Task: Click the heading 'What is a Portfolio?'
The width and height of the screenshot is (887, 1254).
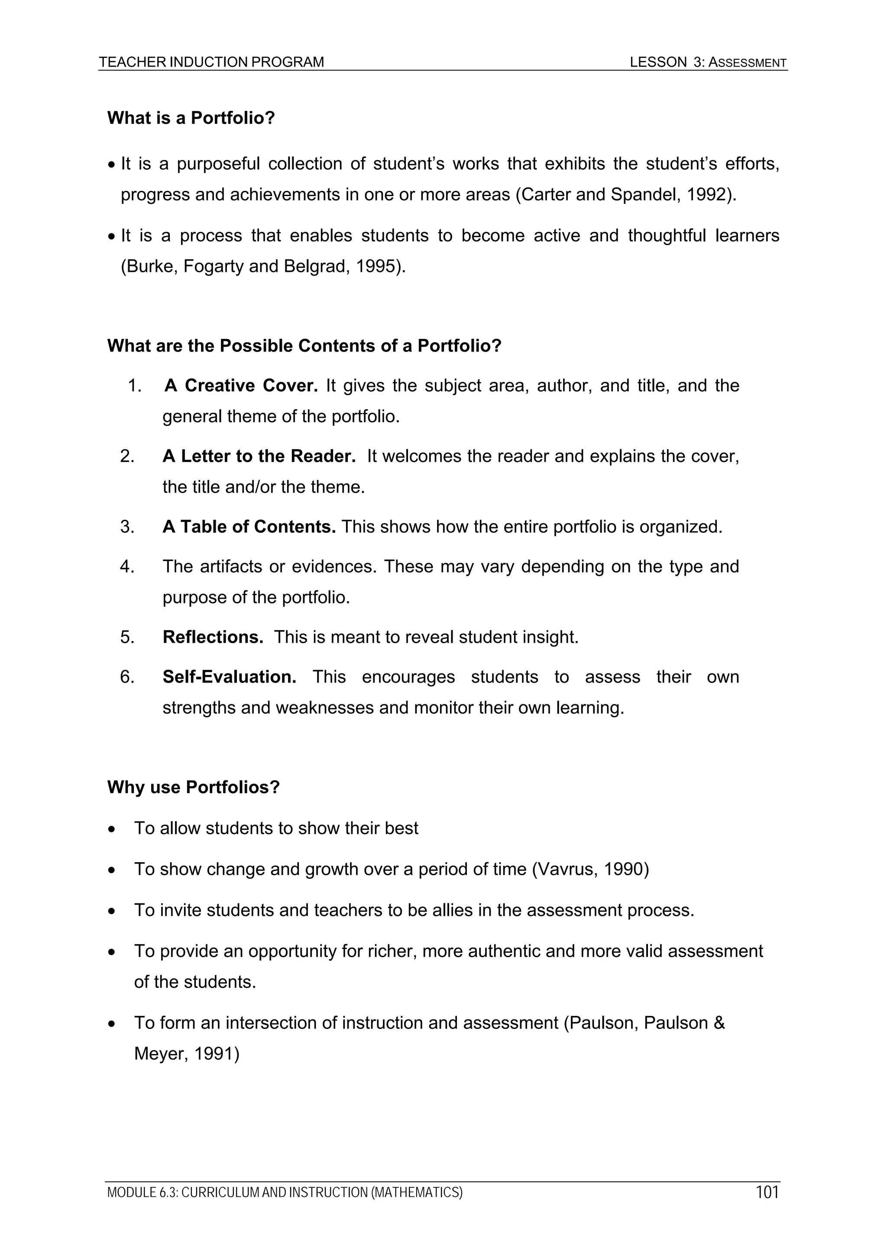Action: click(x=191, y=118)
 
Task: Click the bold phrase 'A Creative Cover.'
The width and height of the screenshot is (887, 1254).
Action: click(x=241, y=386)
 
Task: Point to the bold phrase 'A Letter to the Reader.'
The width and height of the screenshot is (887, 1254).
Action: click(x=259, y=456)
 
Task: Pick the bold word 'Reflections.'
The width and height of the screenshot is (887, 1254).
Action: click(x=213, y=637)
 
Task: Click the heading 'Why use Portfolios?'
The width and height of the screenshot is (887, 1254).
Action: click(x=194, y=787)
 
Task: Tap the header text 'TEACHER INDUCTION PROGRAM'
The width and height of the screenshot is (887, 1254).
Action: click(x=211, y=62)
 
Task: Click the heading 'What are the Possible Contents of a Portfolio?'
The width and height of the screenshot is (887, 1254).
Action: click(x=304, y=346)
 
